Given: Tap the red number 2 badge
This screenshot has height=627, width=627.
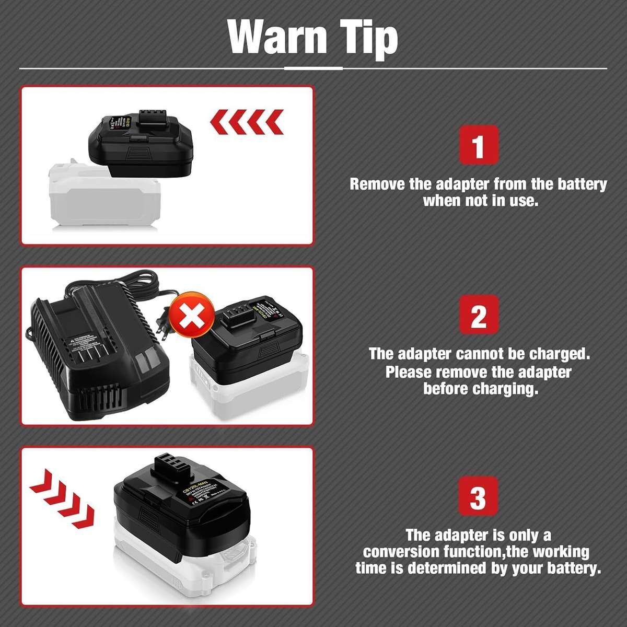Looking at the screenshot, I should point(478,315).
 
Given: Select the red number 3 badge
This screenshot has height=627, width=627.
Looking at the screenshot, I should point(478,496).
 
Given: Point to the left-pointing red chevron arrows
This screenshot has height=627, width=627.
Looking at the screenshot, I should point(247,122).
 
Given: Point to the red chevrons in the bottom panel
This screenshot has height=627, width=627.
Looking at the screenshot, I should point(62,498).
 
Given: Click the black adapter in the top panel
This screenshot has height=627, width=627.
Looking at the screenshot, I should point(141,144).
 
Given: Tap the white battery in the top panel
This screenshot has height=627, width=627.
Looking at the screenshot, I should point(104,199).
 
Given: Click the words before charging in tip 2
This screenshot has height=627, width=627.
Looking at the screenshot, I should point(480,389).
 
